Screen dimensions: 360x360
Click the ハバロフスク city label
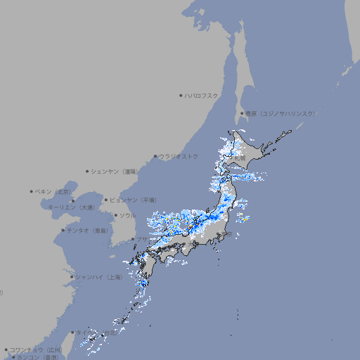[202, 95]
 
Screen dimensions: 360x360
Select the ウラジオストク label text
[179, 156]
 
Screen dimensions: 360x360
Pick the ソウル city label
[127, 215]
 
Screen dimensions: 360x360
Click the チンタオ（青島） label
[87, 231]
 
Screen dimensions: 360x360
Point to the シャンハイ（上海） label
[98, 277]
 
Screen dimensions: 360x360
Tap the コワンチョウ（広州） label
[35, 349]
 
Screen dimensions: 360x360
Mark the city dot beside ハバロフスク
[181, 95]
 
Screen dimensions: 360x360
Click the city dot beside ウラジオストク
[155, 156]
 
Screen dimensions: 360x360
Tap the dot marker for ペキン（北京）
[32, 191]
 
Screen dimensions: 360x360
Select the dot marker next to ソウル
[115, 215]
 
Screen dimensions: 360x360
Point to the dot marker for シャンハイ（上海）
[72, 277]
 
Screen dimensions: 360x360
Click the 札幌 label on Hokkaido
[240, 158]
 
